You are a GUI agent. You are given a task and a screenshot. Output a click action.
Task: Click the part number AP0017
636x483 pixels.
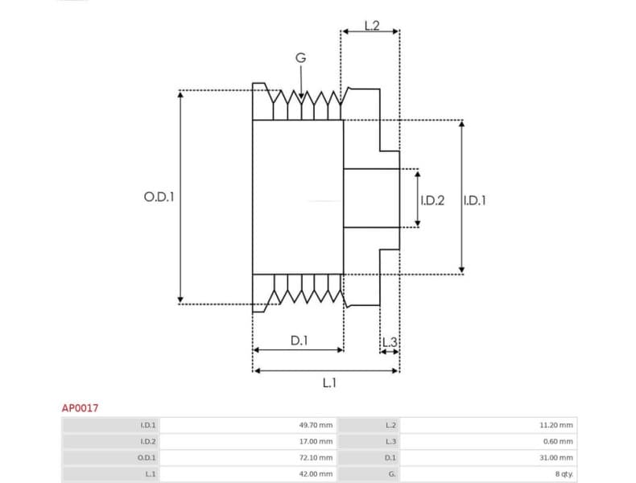click(x=80, y=408)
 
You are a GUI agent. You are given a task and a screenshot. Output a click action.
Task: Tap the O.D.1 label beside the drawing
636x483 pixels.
click(x=159, y=196)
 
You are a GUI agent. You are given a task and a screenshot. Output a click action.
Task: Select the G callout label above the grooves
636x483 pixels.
click(x=300, y=58)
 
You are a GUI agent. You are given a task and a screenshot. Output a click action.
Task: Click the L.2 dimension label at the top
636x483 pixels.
click(x=371, y=25)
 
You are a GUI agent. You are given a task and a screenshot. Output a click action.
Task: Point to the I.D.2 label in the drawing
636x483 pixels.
click(x=432, y=200)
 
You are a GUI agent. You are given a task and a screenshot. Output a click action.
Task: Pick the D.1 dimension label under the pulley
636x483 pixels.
click(x=299, y=341)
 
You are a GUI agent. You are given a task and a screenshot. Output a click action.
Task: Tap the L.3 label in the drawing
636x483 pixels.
click(x=390, y=342)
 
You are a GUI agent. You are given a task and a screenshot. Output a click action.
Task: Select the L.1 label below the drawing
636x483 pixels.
click(x=329, y=383)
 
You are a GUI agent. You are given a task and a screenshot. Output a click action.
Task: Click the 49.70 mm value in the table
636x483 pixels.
click(x=315, y=425)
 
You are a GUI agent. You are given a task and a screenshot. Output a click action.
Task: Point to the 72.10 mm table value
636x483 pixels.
click(x=315, y=457)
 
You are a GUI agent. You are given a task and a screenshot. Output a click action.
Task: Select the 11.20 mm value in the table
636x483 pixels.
click(x=556, y=425)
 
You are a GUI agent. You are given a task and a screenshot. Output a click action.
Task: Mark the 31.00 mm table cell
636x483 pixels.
click(x=556, y=457)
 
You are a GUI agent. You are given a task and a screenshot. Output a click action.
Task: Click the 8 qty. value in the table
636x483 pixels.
click(x=563, y=474)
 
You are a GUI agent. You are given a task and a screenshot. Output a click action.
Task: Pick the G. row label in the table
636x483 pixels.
click(x=392, y=474)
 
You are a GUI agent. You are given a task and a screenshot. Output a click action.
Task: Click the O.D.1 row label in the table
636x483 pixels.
click(x=147, y=457)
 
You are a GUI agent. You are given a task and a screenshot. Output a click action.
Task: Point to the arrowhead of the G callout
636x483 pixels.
click(x=301, y=97)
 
